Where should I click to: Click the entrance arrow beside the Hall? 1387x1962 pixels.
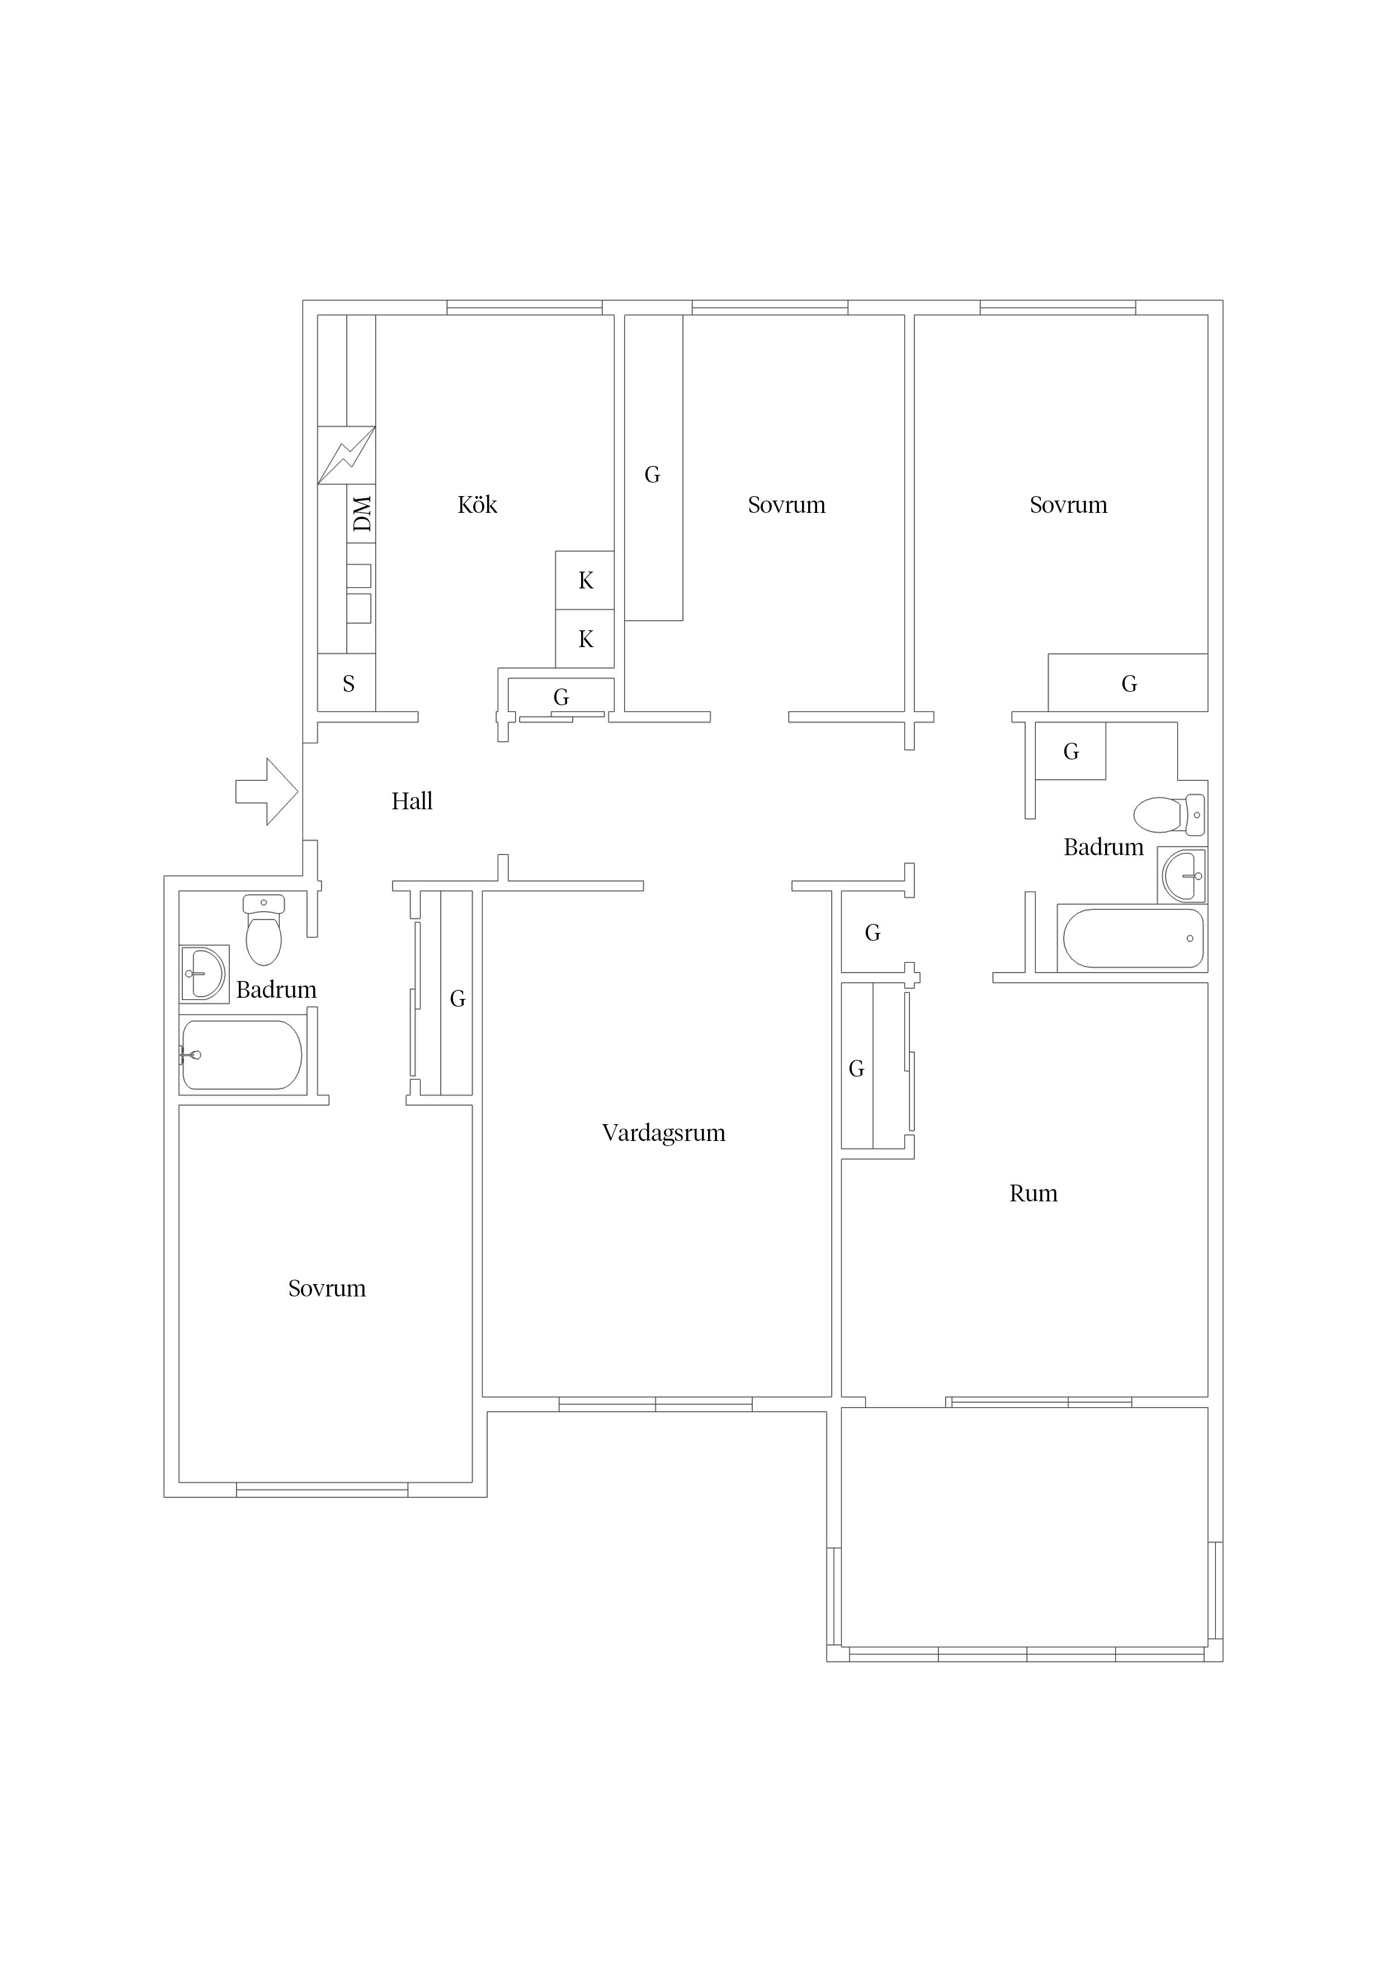[x=267, y=792]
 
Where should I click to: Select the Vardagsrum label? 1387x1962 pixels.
[x=663, y=1133]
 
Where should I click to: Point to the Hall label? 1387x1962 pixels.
[x=412, y=801]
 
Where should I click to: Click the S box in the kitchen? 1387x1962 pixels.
[x=347, y=683]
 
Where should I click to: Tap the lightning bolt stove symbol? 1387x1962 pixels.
[x=346, y=455]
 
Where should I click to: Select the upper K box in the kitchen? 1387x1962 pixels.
[x=584, y=580]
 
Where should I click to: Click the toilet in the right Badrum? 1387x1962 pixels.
[x=1169, y=814]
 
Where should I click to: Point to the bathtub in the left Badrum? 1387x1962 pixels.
[x=242, y=1054]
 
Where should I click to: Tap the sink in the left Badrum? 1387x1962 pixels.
[x=204, y=973]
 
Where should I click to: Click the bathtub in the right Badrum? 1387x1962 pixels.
[x=1133, y=938]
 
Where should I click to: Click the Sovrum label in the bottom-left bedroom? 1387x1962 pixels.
[x=327, y=1289]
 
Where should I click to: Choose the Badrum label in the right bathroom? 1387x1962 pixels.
[x=1103, y=848]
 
